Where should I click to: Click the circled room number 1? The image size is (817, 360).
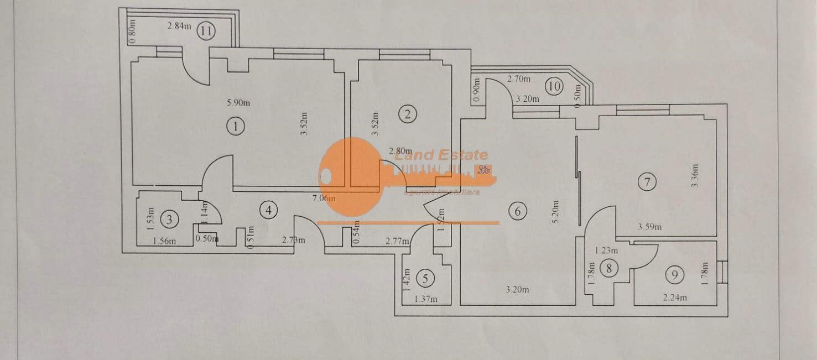pyautogui.click(x=236, y=127)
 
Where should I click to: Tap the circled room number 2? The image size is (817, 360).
pyautogui.click(x=408, y=114)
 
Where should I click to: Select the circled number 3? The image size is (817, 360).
pyautogui.click(x=169, y=220)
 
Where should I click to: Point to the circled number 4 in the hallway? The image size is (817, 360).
pyautogui.click(x=268, y=210)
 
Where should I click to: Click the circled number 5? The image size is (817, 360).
pyautogui.click(x=425, y=278)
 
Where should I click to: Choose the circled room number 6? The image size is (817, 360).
pyautogui.click(x=517, y=211)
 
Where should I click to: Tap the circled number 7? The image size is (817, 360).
pyautogui.click(x=647, y=181)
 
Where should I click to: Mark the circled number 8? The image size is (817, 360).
pyautogui.click(x=609, y=269)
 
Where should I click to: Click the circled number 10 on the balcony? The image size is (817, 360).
pyautogui.click(x=554, y=86)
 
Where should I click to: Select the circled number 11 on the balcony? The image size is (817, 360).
pyautogui.click(x=206, y=30)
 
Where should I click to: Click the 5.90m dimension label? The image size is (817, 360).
pyautogui.click(x=238, y=102)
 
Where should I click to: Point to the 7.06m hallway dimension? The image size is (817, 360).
pyautogui.click(x=325, y=198)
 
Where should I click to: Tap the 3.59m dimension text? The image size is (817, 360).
pyautogui.click(x=649, y=227)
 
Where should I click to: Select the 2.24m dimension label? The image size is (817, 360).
pyautogui.click(x=675, y=298)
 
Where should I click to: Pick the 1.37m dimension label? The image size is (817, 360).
pyautogui.click(x=426, y=299)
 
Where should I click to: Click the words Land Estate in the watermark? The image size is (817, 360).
pyautogui.click(x=441, y=155)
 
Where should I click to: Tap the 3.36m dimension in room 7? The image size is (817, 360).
pyautogui.click(x=695, y=176)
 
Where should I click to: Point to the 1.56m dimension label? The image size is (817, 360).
pyautogui.click(x=164, y=241)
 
